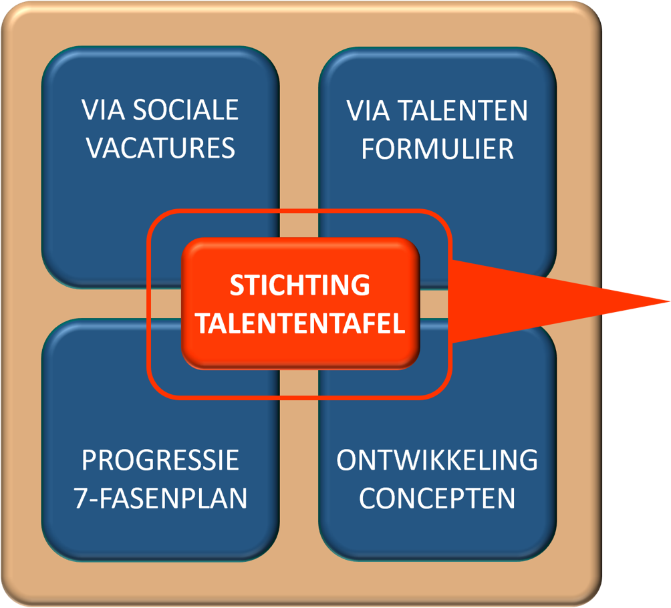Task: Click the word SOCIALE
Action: pyautogui.click(x=186, y=110)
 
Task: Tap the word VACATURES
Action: pyautogui.click(x=160, y=148)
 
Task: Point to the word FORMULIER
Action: pyautogui.click(x=438, y=149)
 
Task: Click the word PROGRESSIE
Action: pyautogui.click(x=160, y=460)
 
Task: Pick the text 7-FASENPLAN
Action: pyautogui.click(x=160, y=498)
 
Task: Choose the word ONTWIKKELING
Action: pyautogui.click(x=437, y=460)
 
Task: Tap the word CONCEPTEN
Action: pyautogui.click(x=437, y=498)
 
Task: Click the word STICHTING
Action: pyautogui.click(x=299, y=285)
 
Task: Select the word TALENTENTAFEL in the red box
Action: pyautogui.click(x=301, y=324)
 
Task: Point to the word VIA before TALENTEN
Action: pyautogui.click(x=367, y=111)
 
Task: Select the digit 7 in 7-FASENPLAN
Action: pyautogui.click(x=80, y=498)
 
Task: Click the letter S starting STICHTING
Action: pyautogui.click(x=236, y=285)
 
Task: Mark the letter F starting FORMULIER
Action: pyautogui.click(x=368, y=149)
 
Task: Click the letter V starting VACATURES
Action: pyautogui.click(x=94, y=148)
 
